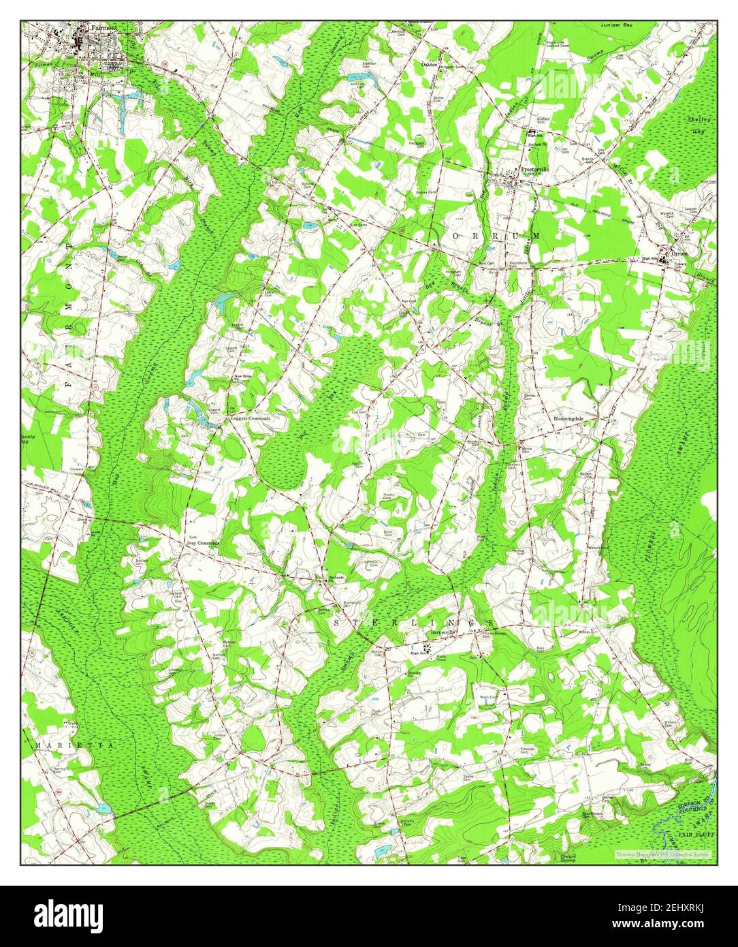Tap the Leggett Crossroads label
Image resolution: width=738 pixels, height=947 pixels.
(251, 418)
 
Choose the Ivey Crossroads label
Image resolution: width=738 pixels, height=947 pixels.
(204, 543)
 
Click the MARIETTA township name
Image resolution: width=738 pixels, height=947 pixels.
(75, 745)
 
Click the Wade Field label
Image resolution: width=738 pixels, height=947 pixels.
(489, 698)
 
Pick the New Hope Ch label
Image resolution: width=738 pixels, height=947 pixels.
(243, 377)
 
